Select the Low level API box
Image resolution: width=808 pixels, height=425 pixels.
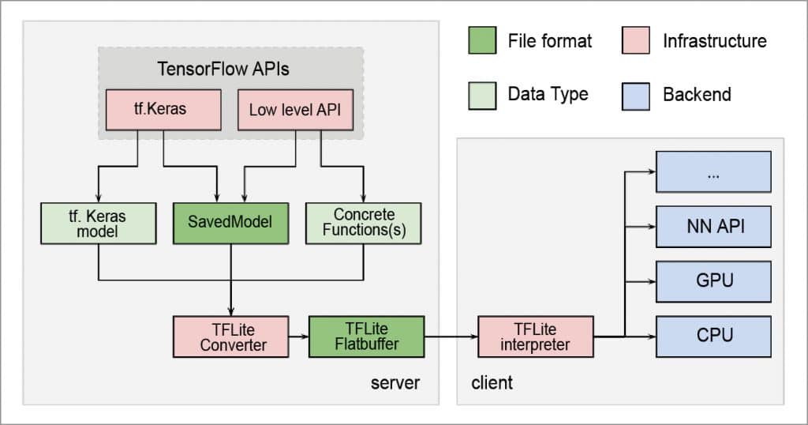[294, 110]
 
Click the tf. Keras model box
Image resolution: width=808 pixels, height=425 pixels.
[98, 223]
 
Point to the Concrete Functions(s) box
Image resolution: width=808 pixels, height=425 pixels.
[363, 223]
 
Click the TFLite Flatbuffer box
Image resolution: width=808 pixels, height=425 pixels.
[366, 336]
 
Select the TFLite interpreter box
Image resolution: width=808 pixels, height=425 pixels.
[535, 337]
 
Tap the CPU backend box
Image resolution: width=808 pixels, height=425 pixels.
[713, 336]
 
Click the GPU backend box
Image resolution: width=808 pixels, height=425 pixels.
[713, 280]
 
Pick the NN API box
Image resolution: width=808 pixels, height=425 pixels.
[713, 227]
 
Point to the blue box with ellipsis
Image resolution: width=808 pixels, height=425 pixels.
[713, 173]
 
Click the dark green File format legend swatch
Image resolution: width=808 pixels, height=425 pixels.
[481, 41]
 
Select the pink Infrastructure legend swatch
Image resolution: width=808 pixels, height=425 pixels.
[636, 41]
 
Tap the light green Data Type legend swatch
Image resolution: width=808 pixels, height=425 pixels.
[481, 95]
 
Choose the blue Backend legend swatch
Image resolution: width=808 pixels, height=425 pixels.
[636, 95]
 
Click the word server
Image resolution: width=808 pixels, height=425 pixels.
[395, 383]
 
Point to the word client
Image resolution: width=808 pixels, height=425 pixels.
[492, 383]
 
